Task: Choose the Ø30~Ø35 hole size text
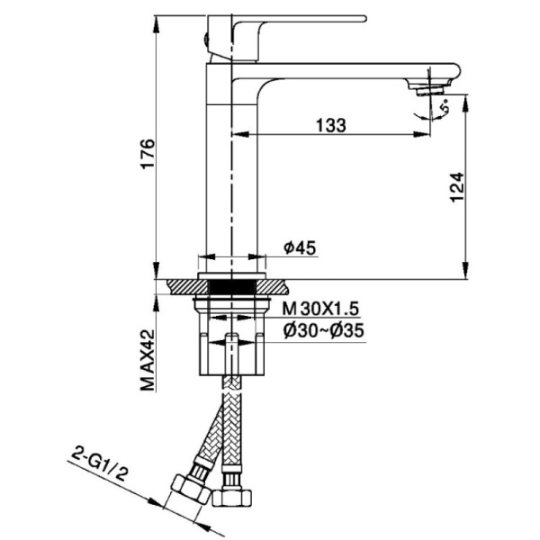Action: [x=322, y=330]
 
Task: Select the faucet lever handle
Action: [x=288, y=20]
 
